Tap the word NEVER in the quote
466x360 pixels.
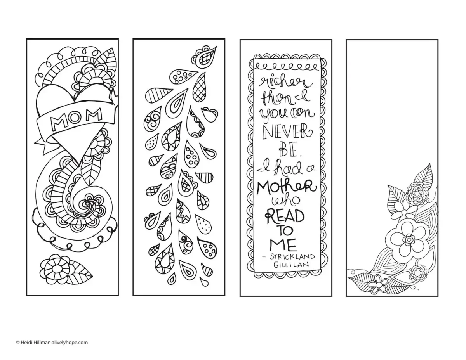(285, 132)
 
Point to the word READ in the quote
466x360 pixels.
(285, 217)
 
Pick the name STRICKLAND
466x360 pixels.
(292, 257)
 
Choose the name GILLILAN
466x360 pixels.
(291, 265)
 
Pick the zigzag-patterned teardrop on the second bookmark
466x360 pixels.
(183, 212)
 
